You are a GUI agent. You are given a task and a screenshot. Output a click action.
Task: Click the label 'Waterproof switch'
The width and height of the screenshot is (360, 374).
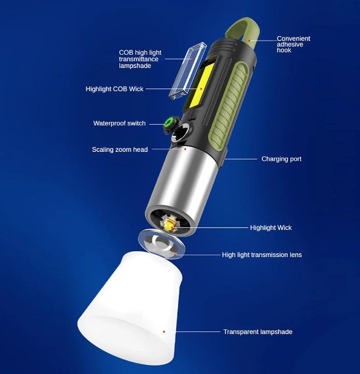(119, 123)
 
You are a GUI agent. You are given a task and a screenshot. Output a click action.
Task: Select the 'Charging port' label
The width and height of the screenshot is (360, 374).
(281, 159)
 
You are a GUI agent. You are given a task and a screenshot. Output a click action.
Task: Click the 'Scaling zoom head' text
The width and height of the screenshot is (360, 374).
(119, 150)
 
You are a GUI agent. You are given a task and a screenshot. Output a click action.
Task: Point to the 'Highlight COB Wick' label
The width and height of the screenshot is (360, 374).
(114, 88)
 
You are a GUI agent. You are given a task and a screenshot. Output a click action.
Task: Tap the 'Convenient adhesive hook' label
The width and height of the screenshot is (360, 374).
(294, 44)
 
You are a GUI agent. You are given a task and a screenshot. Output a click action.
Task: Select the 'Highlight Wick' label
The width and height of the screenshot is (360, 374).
(271, 227)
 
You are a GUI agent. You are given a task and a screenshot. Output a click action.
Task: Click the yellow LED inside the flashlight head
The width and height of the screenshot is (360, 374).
(170, 224)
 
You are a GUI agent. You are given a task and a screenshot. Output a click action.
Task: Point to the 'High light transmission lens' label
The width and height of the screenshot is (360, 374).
(261, 255)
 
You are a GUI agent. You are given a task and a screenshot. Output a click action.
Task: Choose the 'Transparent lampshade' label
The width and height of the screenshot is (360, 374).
(257, 332)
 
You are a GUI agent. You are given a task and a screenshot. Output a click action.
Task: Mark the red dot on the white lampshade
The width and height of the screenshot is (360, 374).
(165, 331)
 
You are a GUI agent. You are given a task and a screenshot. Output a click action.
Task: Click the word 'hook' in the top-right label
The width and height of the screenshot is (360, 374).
(284, 50)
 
